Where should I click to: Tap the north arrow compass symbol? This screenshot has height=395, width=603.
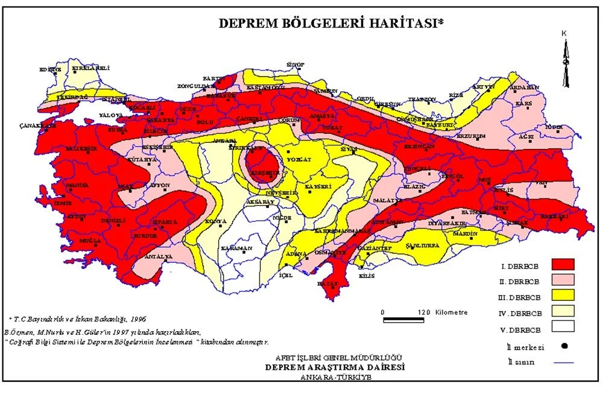point(565,60)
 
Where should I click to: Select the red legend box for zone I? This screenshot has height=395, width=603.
point(561,264)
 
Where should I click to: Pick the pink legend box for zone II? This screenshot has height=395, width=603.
point(561,280)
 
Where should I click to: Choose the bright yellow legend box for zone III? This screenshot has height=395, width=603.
point(561,295)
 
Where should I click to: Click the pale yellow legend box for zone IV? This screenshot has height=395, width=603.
point(561,311)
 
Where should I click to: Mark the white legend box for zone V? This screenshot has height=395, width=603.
point(561,327)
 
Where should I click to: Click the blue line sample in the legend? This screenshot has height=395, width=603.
point(561,362)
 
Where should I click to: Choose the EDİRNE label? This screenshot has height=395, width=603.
point(51,69)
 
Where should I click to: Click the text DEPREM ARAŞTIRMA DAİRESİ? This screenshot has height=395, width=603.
point(336,367)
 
